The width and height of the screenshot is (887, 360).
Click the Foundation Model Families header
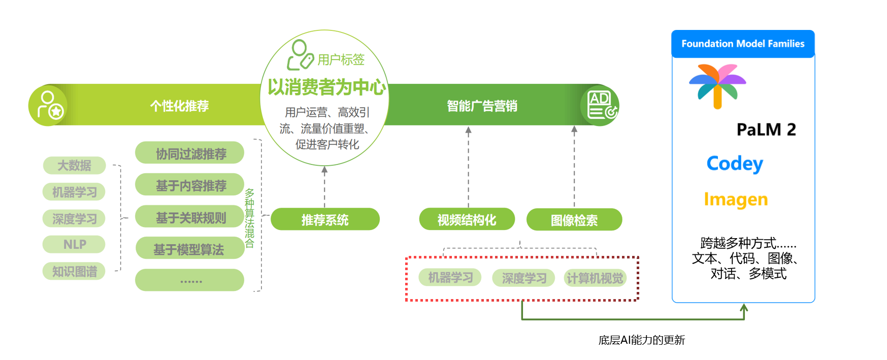point(742,44)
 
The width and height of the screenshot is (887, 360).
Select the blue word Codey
point(735,163)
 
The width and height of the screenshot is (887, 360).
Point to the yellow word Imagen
point(736,200)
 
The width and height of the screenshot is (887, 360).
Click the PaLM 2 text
point(766,130)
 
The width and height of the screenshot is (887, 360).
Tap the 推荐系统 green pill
point(325,220)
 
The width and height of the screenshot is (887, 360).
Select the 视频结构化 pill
point(467,220)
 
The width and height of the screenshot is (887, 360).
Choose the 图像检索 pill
point(574,220)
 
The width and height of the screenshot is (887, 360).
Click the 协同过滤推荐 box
point(190,153)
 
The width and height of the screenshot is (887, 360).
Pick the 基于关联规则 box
point(190,218)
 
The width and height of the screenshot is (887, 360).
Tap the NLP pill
point(74,244)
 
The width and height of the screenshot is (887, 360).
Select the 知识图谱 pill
point(74,271)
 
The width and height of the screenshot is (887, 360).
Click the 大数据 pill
point(74,165)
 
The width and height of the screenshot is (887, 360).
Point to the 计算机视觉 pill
point(595,278)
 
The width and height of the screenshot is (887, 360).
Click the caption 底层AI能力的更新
point(641,340)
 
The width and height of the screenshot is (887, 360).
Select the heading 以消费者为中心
point(326,87)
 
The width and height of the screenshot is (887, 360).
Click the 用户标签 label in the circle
point(341,60)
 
